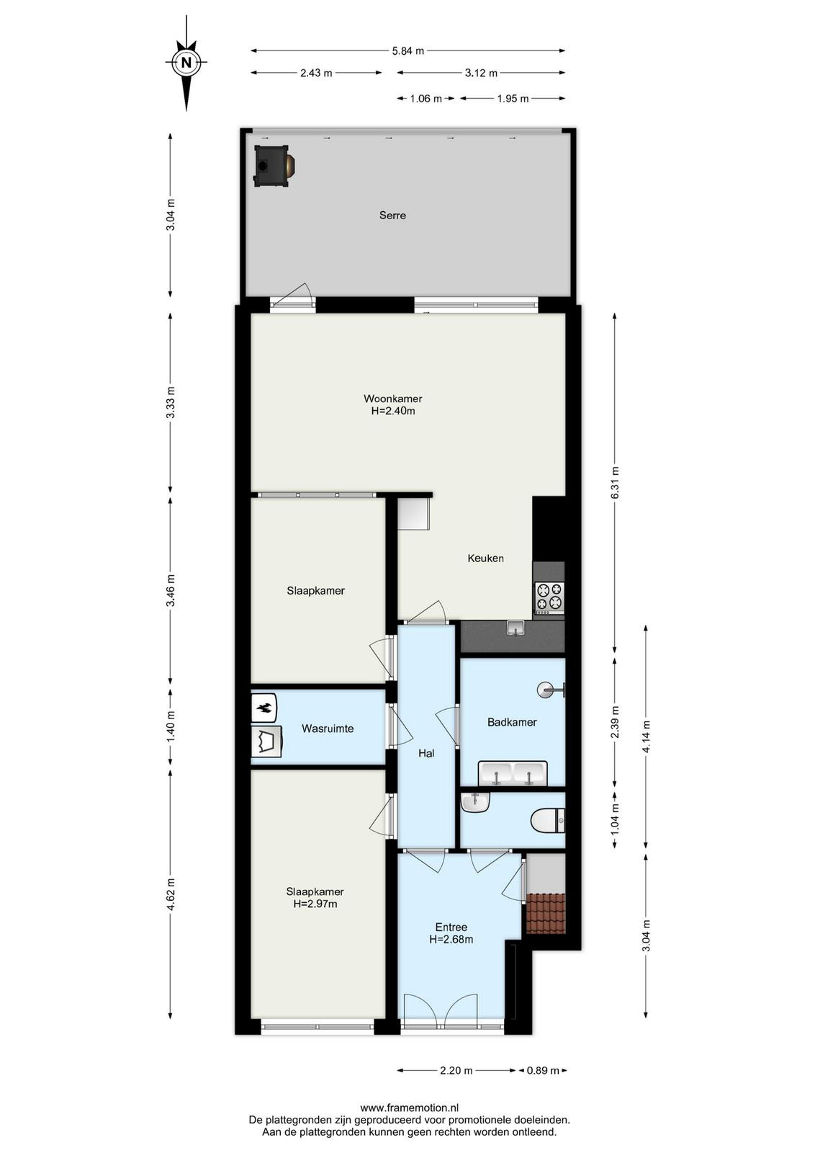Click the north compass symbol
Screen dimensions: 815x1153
186,63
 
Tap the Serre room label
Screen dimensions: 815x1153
392,215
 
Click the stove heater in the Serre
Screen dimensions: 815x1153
274,166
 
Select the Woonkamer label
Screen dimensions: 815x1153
393,399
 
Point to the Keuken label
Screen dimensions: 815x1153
485,558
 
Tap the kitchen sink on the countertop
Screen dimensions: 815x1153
515,628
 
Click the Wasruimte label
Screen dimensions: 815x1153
328,729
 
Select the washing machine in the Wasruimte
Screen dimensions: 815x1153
267,742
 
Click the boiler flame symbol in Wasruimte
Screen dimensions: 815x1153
264,708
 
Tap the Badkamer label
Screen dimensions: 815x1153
512,722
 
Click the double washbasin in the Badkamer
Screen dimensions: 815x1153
513,774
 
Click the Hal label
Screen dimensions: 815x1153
426,753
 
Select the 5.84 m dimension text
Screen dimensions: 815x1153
407,50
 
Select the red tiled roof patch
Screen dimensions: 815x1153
546,914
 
